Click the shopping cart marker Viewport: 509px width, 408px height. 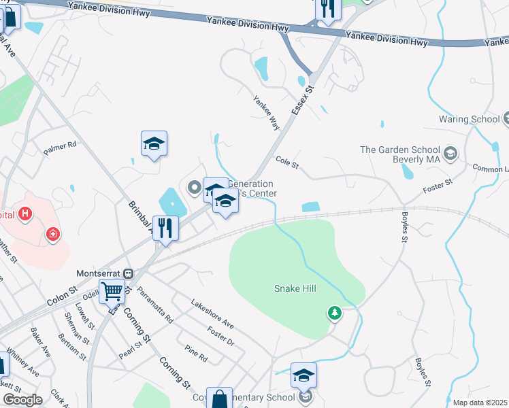112,291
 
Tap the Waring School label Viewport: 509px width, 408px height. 470,119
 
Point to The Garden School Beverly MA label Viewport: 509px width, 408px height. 401,154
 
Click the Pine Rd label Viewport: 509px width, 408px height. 195,353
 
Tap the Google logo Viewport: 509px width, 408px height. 22,400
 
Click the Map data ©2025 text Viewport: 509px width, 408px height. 480,403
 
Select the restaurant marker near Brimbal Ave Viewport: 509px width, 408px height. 166,228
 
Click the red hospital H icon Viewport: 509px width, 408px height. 25,215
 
